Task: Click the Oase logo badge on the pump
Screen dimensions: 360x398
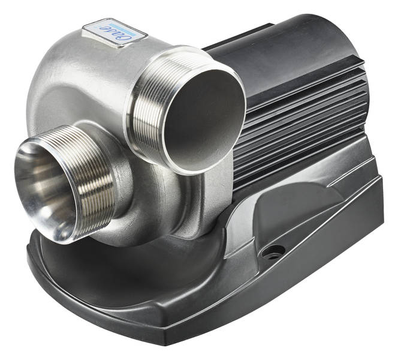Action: (x=107, y=31)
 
